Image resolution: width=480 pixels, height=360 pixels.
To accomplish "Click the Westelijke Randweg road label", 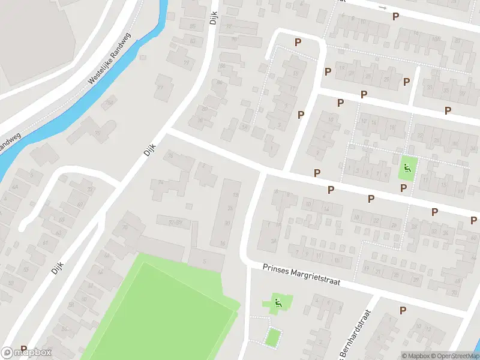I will click(110, 59).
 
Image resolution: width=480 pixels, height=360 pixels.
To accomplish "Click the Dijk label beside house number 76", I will click(150, 145).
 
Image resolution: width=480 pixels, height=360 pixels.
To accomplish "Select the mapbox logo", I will click(26, 353).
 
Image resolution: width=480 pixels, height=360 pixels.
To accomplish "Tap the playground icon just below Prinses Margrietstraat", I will click(277, 302).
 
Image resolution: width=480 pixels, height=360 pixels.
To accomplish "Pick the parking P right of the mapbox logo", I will click(24, 349).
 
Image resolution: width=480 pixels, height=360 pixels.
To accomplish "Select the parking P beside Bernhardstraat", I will click(403, 310).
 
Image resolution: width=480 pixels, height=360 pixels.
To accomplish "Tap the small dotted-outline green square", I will click(272, 337).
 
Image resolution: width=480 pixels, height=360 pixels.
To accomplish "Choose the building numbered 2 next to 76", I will click(203, 166).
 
